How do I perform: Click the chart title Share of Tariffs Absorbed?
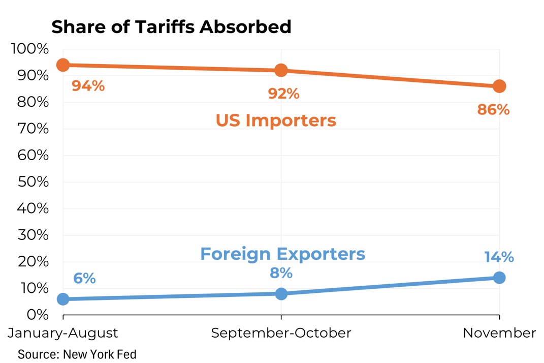tap(171, 27)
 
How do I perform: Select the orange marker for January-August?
tap(63, 65)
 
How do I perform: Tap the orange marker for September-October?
tap(281, 70)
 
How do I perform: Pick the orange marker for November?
tap(499, 86)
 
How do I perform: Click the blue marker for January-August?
tap(63, 299)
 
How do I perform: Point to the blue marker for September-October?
tap(281, 294)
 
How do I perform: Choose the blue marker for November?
tap(499, 278)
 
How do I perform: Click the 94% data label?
tap(88, 86)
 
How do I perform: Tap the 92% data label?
tap(283, 94)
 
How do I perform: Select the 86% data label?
tap(493, 110)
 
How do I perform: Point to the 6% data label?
tap(84, 278)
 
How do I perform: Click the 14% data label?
tap(499, 257)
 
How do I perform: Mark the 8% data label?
tap(281, 274)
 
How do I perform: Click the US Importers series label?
tap(276, 120)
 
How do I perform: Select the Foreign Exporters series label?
tap(282, 254)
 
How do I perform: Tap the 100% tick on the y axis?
tap(30, 49)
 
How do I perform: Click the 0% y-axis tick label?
tap(37, 315)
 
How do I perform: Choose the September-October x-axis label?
tap(281, 333)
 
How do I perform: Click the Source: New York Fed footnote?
tap(77, 354)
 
